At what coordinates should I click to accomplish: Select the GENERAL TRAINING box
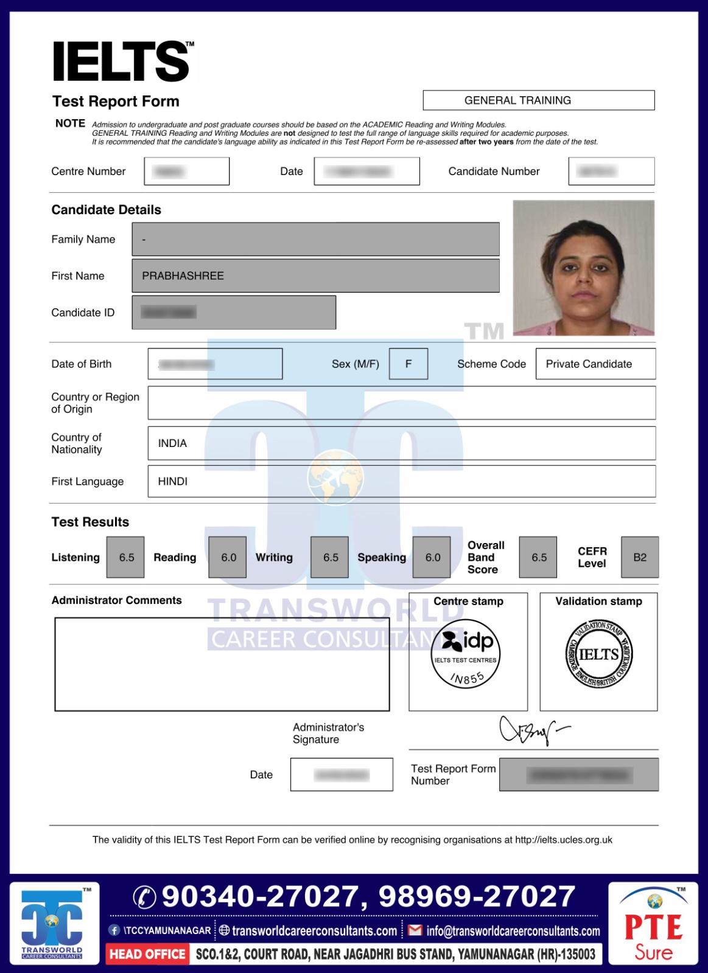click(538, 100)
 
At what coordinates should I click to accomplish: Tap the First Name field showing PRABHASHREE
click(315, 275)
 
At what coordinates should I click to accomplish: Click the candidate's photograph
click(583, 268)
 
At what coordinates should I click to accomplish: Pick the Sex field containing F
click(408, 364)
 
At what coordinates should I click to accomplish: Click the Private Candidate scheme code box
click(595, 364)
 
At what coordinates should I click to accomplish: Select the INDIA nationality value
click(172, 443)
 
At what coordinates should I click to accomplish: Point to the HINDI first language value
click(173, 481)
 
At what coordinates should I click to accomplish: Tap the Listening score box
click(125, 557)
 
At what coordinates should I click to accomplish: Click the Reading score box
click(228, 557)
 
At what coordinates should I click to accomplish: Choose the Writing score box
click(330, 557)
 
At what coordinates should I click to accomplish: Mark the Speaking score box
click(432, 557)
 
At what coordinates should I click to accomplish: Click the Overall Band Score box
click(538, 557)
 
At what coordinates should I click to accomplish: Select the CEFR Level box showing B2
click(640, 557)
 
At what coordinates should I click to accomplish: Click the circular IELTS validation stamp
click(599, 655)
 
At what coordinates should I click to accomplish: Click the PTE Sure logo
click(653, 924)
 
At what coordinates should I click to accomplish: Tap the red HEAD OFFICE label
click(147, 954)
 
